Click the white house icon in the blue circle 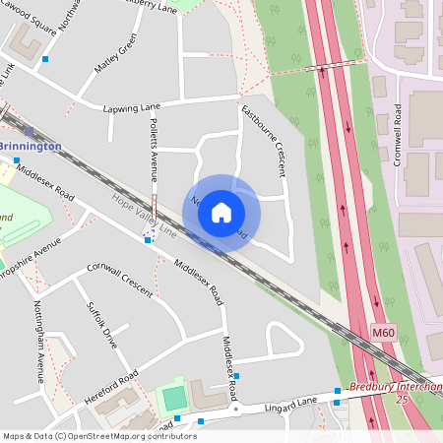tap(221, 212)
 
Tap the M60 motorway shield tap(384, 334)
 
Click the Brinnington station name tap(32, 147)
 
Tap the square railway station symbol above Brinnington tap(29, 131)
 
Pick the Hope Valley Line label tap(143, 216)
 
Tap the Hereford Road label tap(107, 383)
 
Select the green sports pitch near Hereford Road tap(173, 399)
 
